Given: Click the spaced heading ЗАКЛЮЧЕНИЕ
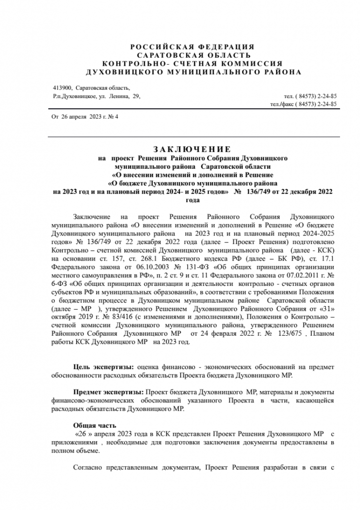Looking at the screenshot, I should pyautogui.click(x=192, y=149).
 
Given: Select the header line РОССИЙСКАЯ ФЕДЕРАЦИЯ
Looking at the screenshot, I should pyautogui.click(x=192, y=46).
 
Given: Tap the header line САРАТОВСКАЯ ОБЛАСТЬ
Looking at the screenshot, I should pyautogui.click(x=192, y=55).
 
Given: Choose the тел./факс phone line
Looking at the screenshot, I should pyautogui.click(x=303, y=104).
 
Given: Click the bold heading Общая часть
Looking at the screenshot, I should pyautogui.click(x=95, y=425).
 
